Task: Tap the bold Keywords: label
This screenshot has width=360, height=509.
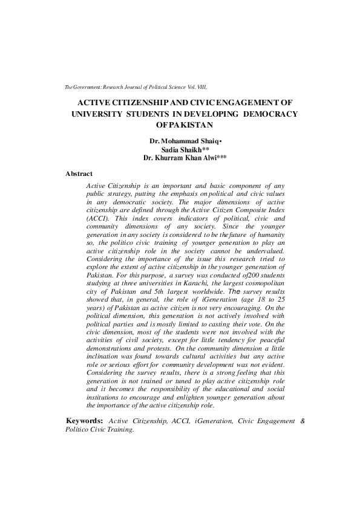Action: click(83, 420)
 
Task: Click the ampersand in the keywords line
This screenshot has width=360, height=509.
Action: click(303, 420)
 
